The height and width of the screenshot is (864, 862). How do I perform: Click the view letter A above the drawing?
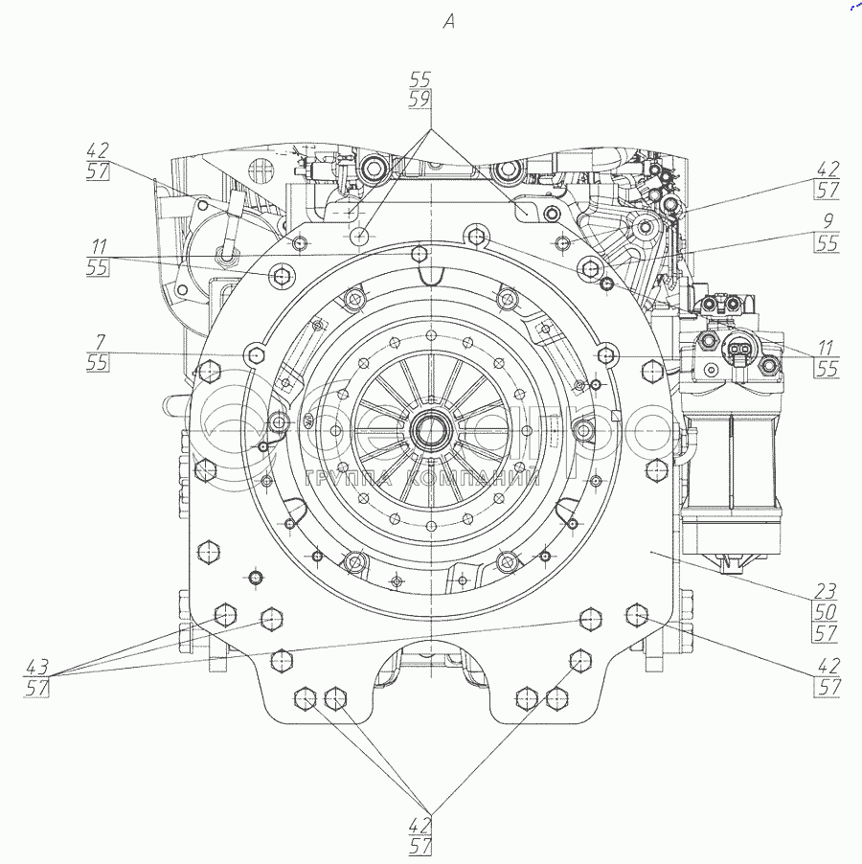448,22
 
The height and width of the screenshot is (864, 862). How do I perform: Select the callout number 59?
420,98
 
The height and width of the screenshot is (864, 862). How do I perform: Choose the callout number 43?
39,664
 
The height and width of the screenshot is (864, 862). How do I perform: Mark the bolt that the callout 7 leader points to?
255,354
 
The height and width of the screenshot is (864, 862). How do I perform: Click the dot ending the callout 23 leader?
651,553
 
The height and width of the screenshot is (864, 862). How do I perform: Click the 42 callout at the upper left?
97,150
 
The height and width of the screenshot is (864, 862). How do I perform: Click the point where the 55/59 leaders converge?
431,128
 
